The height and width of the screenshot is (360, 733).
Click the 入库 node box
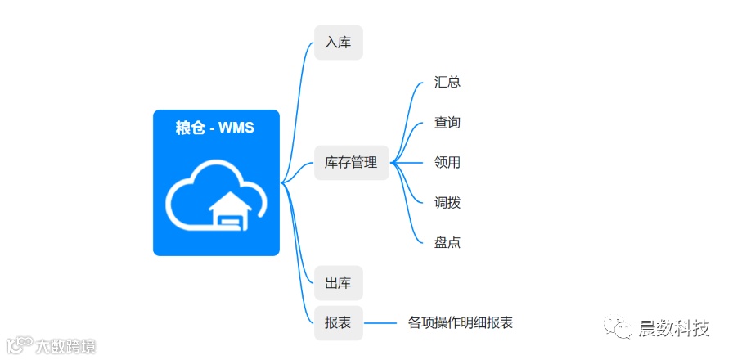coord(338,43)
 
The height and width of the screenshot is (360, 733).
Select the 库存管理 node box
coord(351,163)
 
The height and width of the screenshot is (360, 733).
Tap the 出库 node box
coord(338,283)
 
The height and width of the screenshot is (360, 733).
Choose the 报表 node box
coord(338,323)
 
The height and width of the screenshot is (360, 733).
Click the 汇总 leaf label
coord(447,83)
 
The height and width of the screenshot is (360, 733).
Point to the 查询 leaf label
coord(447,123)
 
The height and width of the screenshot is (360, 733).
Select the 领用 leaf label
coord(447,163)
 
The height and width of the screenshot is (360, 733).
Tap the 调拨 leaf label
coord(447,203)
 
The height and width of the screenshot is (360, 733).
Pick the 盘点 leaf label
coord(447,243)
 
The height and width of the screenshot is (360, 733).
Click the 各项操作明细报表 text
coord(461,323)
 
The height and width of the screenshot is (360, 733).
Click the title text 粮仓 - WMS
coord(216,128)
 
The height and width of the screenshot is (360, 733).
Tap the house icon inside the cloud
coord(228,211)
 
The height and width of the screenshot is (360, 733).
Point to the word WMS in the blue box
coord(236,128)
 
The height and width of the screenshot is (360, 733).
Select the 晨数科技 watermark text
coord(674,329)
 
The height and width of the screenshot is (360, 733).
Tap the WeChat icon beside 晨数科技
coord(619,329)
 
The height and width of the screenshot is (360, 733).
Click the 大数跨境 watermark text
coord(65,346)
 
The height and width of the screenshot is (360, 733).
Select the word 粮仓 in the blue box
coord(190,128)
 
